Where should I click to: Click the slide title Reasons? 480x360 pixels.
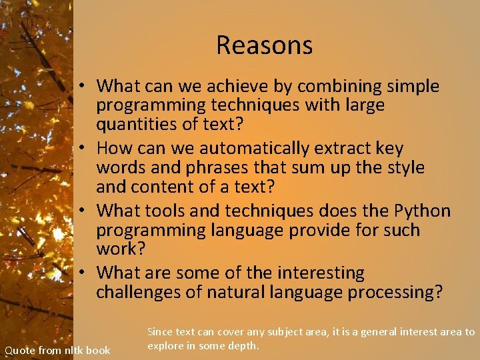[264, 45]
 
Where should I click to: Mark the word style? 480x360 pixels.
[405, 167]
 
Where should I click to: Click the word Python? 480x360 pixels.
[423, 211]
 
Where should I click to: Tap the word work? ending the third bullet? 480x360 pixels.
[121, 249]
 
